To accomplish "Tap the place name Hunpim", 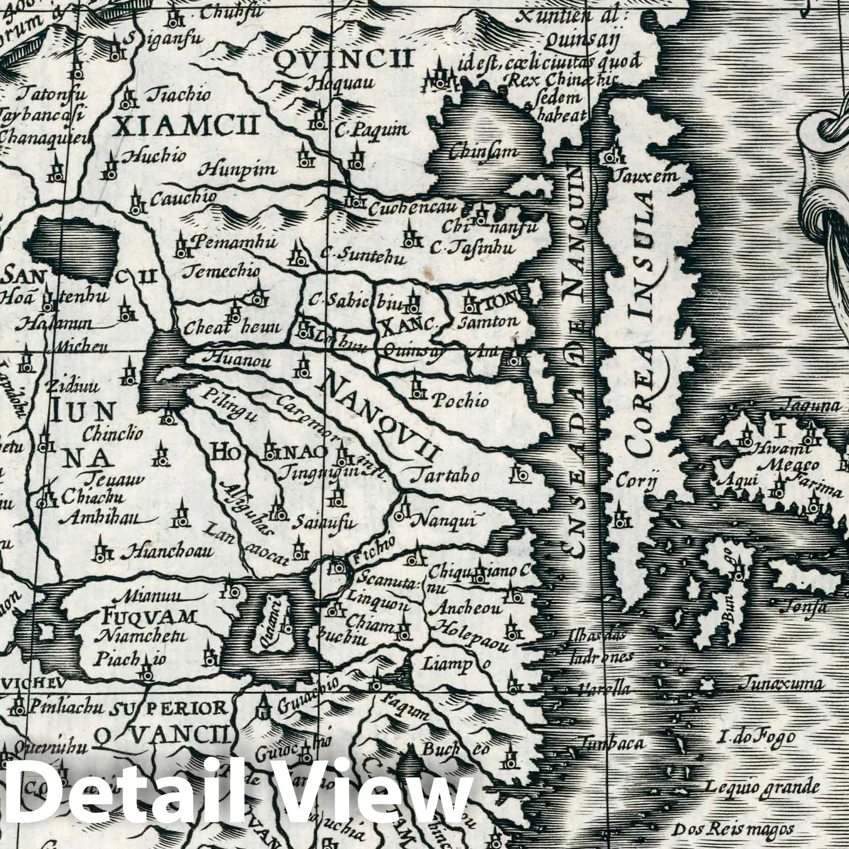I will [x=238, y=170].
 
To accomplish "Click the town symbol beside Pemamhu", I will [x=181, y=245].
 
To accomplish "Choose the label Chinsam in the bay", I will [x=482, y=152].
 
